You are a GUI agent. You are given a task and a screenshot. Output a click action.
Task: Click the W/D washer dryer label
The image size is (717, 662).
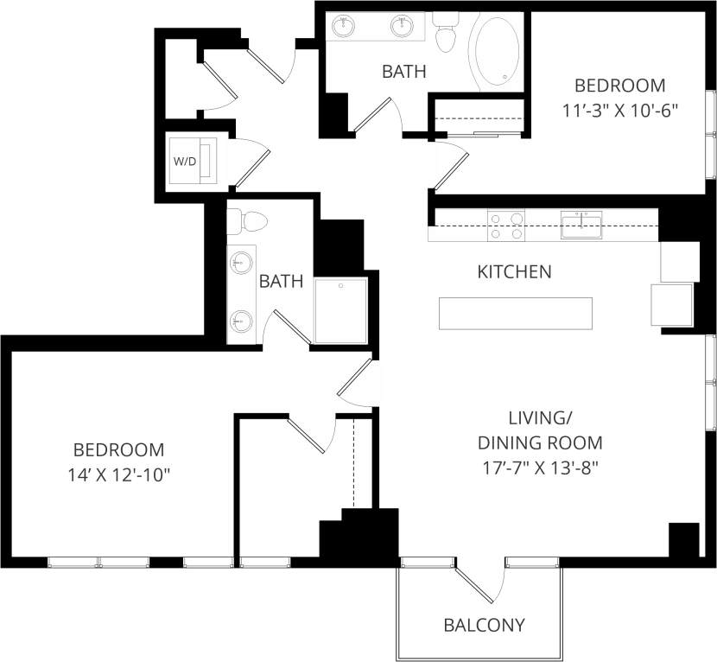coord(185,161)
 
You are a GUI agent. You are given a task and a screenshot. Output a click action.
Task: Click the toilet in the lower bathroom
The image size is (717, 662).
coord(250,221)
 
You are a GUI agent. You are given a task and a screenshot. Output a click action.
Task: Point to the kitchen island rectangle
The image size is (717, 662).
coord(516,313)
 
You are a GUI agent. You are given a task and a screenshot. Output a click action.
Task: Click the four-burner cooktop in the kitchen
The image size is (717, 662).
coord(507,226)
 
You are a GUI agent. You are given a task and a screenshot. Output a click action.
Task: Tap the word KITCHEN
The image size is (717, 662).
coord(514,272)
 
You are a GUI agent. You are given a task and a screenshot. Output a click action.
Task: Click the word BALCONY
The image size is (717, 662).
coord(484,625)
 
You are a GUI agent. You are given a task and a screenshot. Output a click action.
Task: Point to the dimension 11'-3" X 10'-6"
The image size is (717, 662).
coord(620,111)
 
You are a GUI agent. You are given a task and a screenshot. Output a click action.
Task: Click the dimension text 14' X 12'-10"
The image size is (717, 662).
coord(118,474)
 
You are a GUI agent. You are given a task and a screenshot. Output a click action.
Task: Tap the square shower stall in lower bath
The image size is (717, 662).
coord(341,309)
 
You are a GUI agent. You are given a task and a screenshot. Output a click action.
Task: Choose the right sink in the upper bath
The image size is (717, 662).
coord(402,25)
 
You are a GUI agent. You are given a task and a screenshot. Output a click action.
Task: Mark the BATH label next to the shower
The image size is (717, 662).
coord(281,281)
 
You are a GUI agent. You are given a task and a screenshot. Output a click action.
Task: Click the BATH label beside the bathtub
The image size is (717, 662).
coord(404,71)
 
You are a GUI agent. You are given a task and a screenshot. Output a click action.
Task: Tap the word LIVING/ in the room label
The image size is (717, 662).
coord(540,419)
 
